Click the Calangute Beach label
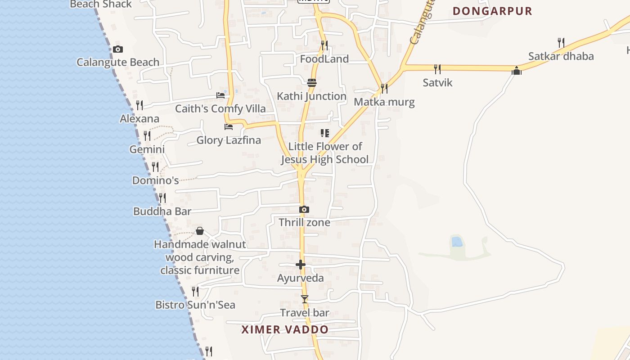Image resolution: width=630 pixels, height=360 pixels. coord(118,62)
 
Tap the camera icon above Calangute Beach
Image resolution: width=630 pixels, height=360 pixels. coord(118,49)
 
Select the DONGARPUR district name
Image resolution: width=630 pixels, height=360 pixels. coord(492,11)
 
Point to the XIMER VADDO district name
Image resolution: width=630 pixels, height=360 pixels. coord(285,329)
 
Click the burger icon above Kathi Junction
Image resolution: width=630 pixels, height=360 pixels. coord(311,83)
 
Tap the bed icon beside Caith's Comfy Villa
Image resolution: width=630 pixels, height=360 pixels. coord(220,95)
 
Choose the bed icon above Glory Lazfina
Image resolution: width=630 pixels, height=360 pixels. coord(229,127)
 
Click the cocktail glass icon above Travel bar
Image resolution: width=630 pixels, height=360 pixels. coord(305,299)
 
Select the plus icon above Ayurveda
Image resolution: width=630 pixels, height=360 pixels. coord(301,265)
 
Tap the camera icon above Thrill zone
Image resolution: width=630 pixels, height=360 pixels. coord(304,209)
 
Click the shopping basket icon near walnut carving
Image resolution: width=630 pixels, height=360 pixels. coord(200,231)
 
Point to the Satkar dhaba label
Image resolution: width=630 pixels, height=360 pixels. coord(561,56)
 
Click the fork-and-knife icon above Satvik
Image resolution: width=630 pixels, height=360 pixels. coord(437,69)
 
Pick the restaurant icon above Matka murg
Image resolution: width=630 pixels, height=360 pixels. coord(384,88)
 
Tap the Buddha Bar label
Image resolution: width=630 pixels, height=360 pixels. coord(162,211)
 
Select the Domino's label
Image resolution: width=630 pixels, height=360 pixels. coord(155,180)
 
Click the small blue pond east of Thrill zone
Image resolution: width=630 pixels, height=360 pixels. coord(457,242)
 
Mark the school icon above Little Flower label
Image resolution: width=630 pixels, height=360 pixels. coord(324,133)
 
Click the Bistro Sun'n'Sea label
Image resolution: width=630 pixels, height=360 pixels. coord(195,305)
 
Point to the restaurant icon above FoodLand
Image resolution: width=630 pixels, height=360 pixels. coord(324,45)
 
